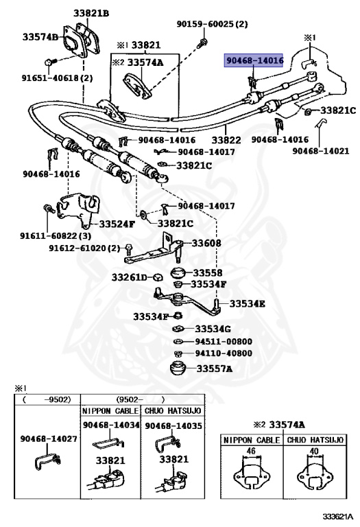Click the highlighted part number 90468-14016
[254, 61]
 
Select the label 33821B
[91, 14]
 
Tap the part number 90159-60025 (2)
[213, 24]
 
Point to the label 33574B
[40, 36]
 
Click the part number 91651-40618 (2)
[57, 78]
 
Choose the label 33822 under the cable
[226, 140]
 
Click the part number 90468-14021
[321, 151]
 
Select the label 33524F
[117, 224]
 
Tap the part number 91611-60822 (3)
[56, 235]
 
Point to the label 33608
[206, 243]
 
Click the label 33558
[208, 272]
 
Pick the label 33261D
[130, 277]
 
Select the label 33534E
[247, 304]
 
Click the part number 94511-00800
[224, 342]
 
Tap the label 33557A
[214, 368]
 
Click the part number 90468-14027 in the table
[49, 439]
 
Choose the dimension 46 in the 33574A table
[251, 451]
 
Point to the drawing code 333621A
[338, 516]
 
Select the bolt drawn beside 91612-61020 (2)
[129, 249]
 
